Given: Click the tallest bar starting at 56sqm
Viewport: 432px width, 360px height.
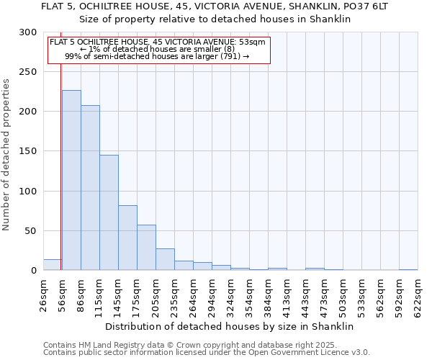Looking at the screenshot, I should point(71,180).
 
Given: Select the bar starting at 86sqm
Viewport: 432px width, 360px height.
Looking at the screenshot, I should point(90,188).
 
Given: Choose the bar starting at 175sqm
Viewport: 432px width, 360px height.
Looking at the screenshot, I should point(146,248).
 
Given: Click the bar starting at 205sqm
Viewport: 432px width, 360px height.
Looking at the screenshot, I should point(165,259).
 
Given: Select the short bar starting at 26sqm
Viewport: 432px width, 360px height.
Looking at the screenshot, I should point(53,265).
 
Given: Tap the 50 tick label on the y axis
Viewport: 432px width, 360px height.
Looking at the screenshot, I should point(32,231).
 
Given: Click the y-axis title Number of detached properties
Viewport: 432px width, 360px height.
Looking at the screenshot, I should point(7,155).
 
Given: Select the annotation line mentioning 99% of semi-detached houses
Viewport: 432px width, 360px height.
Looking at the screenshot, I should point(157,55).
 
